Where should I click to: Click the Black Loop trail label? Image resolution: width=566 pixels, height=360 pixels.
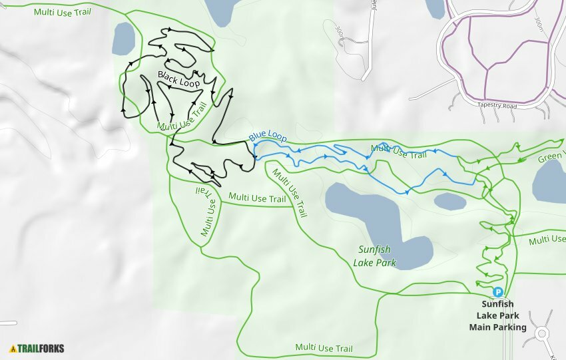(x=179, y=79)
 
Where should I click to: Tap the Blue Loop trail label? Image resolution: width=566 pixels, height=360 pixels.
(x=268, y=138)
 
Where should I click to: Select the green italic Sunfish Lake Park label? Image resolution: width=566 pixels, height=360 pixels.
(x=374, y=256)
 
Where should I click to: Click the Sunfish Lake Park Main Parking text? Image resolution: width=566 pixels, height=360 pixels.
(x=497, y=315)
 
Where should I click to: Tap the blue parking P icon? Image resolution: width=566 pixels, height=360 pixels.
(x=497, y=291)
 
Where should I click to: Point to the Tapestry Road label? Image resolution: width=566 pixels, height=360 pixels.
(x=497, y=105)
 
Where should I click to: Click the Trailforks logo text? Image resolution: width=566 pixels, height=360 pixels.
(x=41, y=347)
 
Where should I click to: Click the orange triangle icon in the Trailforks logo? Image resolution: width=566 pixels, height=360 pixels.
(x=13, y=347)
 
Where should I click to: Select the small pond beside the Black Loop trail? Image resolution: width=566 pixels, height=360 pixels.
(x=124, y=39)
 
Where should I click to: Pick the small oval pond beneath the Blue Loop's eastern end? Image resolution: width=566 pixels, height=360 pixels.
(x=449, y=201)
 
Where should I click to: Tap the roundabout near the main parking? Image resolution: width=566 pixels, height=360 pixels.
(x=541, y=333)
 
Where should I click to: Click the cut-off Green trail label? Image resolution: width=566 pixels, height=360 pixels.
(x=551, y=157)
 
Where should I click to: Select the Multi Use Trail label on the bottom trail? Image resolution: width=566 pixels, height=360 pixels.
(x=324, y=348)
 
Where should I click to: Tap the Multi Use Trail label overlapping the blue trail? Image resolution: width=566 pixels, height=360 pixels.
(x=398, y=152)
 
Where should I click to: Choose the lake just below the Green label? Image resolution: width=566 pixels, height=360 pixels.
(x=549, y=182)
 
